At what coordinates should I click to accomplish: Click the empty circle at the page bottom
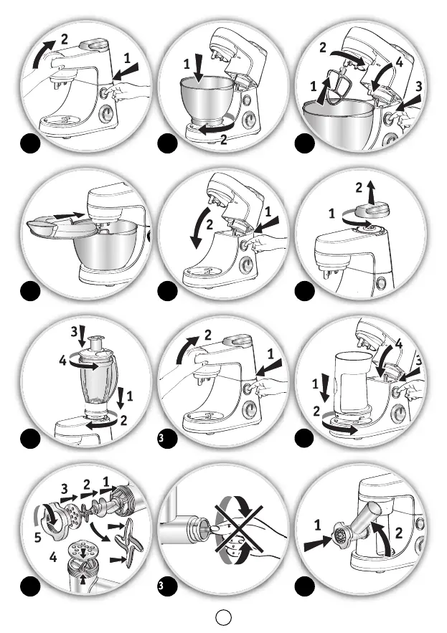pyautogui.click(x=224, y=617)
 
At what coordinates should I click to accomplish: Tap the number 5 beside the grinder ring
pyautogui.click(x=37, y=538)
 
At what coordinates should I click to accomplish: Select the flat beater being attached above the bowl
pyautogui.click(x=336, y=87)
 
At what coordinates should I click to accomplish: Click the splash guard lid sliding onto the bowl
pyautogui.click(x=60, y=227)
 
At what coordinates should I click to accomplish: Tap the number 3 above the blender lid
pyautogui.click(x=74, y=332)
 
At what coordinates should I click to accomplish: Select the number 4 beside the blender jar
pyautogui.click(x=62, y=360)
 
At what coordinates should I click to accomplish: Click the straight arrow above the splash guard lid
pyautogui.click(x=68, y=216)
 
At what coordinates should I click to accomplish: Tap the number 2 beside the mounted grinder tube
pyautogui.click(x=398, y=533)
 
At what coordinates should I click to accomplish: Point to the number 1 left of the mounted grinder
pyautogui.click(x=318, y=525)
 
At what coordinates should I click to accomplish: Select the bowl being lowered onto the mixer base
pyautogui.click(x=207, y=100)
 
